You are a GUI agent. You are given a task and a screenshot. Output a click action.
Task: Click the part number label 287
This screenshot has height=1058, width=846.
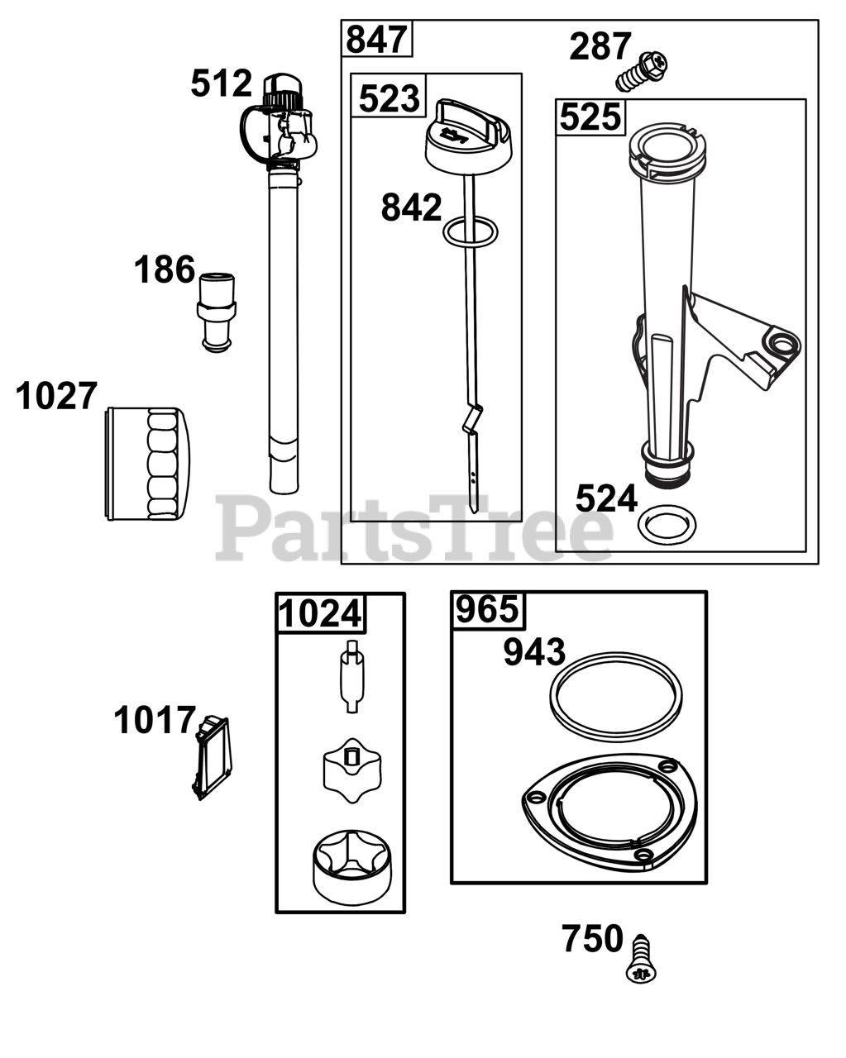[600, 47]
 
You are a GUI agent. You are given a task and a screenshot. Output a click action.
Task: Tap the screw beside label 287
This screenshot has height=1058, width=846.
[642, 71]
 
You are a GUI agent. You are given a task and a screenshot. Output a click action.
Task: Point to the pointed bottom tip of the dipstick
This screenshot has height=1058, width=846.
[475, 512]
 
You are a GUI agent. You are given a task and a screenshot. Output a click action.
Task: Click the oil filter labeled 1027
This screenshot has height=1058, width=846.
[147, 464]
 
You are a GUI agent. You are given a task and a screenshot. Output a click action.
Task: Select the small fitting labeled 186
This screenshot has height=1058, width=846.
[217, 312]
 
